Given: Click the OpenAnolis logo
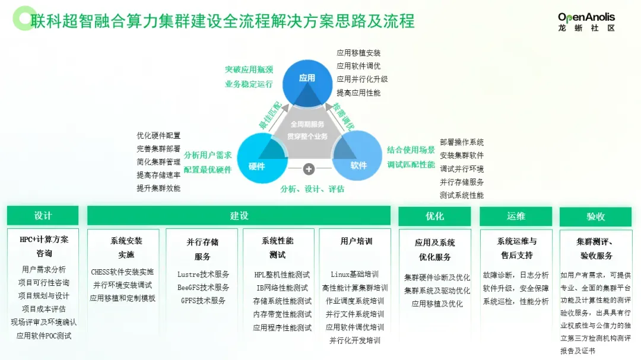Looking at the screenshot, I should (x=586, y=21).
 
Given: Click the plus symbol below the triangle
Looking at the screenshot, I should (x=309, y=169).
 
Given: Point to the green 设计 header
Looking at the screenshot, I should (x=43, y=216).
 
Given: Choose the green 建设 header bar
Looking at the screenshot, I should (x=239, y=216).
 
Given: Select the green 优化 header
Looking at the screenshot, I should (x=434, y=216).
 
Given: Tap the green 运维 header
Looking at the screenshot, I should (x=516, y=216).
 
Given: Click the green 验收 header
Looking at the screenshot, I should (x=595, y=216).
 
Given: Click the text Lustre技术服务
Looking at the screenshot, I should (x=203, y=275).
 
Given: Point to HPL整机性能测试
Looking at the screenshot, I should (x=282, y=275).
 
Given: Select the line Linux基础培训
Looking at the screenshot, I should (x=354, y=275).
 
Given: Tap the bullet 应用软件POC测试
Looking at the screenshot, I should (x=43, y=336).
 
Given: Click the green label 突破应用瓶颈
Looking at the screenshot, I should (x=249, y=70).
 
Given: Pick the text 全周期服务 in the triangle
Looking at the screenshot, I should (x=307, y=125).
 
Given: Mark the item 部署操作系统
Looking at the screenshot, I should (x=462, y=142).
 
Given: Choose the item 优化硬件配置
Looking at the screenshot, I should (x=158, y=136).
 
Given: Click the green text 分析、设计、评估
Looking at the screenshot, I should (x=312, y=189).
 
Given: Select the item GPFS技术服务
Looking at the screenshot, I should (x=203, y=301).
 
